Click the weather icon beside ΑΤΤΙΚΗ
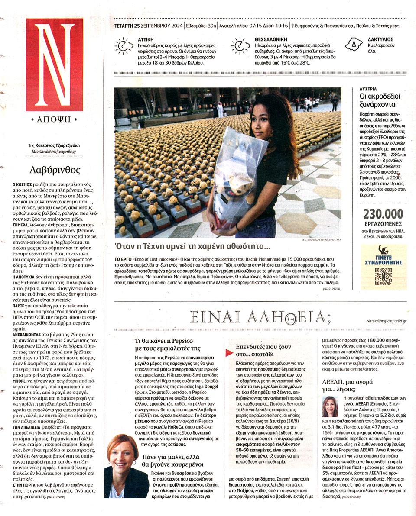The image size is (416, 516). [x=123, y=46]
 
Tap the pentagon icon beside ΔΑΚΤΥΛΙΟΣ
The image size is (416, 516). [x=354, y=45]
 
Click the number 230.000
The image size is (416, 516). [x=383, y=214]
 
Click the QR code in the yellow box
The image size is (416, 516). [x=383, y=276]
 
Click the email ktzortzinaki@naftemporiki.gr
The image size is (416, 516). [x=54, y=152]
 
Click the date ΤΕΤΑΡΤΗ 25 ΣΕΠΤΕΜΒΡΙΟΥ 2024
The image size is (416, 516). [x=148, y=26]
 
